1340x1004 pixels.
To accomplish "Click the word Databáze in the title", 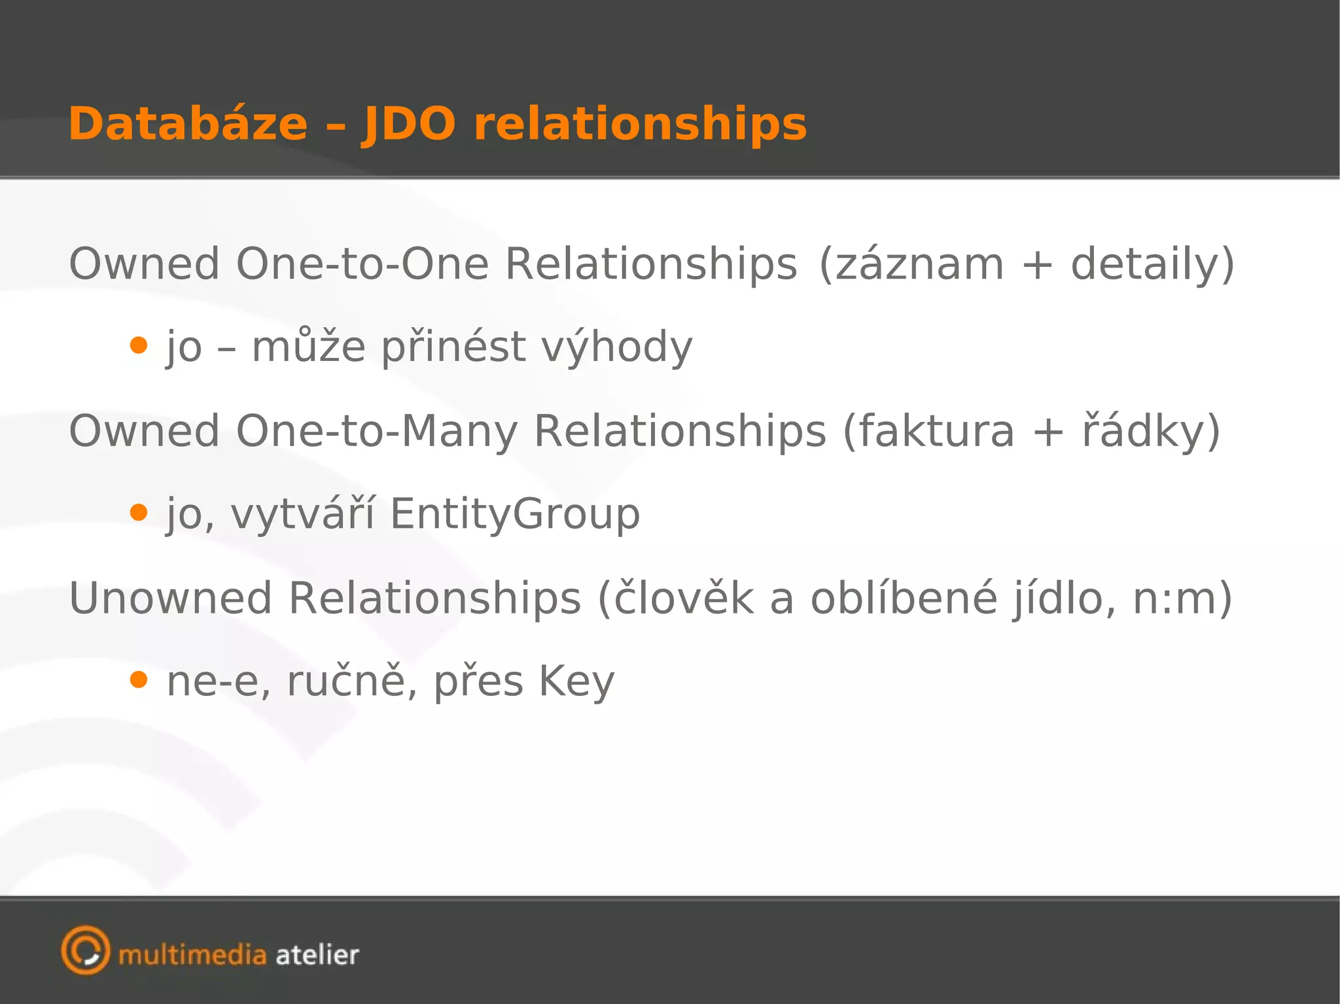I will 188,124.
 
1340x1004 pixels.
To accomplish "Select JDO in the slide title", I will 408,124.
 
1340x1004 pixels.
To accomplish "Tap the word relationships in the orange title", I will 641,124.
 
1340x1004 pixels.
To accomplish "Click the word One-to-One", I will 362,264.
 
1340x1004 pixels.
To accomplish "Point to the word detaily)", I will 1152,264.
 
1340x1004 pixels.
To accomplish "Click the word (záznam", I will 911,264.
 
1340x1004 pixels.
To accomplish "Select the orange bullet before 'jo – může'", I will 138,345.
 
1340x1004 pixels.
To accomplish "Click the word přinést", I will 453,347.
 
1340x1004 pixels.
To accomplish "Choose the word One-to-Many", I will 376,432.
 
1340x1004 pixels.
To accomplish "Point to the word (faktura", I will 928,432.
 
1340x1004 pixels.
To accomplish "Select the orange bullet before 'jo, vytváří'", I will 138,512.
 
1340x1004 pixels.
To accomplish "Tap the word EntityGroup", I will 515,514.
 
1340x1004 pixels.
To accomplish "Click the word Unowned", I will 170,598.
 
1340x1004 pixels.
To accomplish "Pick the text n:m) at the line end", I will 1182,598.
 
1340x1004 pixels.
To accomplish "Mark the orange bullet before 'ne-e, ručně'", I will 138,680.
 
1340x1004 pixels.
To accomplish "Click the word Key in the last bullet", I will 576,682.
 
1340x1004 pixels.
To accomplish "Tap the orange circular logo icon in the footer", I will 85,950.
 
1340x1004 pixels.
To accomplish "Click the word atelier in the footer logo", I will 317,956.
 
